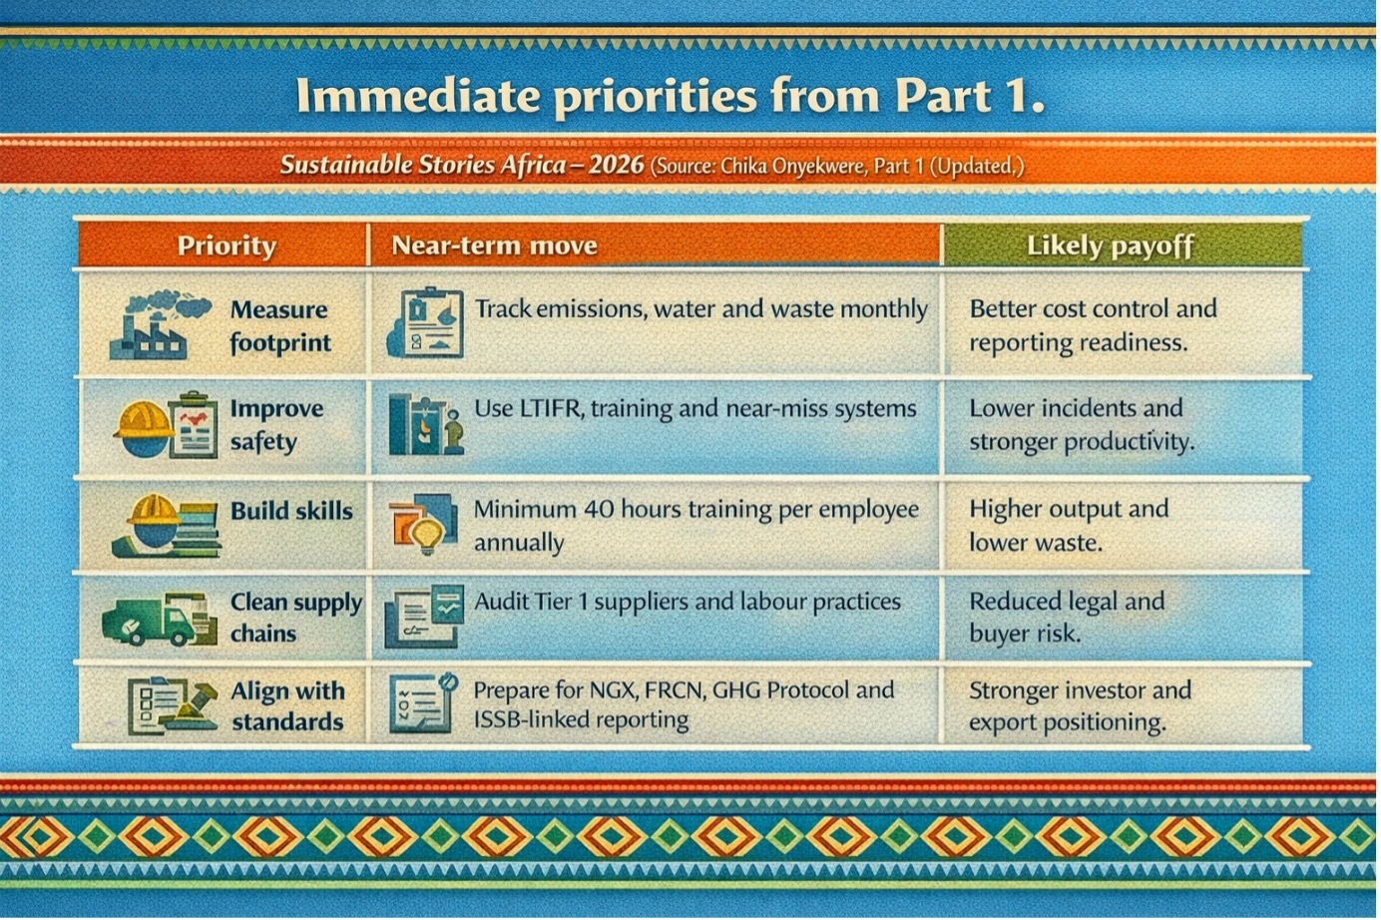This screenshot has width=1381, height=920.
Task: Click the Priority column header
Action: pyautogui.click(x=227, y=245)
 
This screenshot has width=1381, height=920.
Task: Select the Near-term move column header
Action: pyautogui.click(x=495, y=245)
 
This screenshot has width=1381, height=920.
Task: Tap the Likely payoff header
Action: pyautogui.click(x=1111, y=245)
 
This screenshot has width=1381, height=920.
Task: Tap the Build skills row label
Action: pyautogui.click(x=291, y=511)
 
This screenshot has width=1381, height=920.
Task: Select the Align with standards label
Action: pyautogui.click(x=288, y=706)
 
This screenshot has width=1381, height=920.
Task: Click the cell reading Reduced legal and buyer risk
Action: pyautogui.click(x=1067, y=617)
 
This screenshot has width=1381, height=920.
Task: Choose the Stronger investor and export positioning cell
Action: pyautogui.click(x=1080, y=705)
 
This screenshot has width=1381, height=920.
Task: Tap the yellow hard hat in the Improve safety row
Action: pyautogui.click(x=145, y=419)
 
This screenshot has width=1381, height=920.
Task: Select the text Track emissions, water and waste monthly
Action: pyautogui.click(x=700, y=308)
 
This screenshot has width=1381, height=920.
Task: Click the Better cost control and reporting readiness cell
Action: pyautogui.click(x=1093, y=325)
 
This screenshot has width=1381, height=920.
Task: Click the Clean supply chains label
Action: pyautogui.click(x=296, y=618)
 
